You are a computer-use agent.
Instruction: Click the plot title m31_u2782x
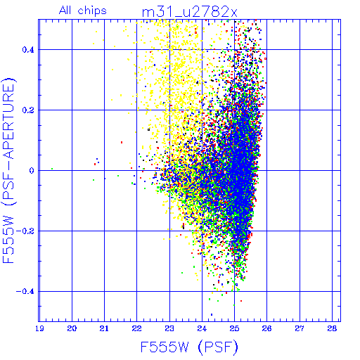190,12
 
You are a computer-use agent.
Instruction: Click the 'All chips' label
83,11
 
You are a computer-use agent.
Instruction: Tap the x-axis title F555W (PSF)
189,347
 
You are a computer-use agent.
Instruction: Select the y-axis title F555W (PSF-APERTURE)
8,170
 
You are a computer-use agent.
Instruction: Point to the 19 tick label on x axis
39,328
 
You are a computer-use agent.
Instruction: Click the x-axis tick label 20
72,328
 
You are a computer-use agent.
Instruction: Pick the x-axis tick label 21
104,328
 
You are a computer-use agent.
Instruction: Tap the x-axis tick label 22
136,328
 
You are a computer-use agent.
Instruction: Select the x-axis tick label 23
169,328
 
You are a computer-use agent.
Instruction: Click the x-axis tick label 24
202,328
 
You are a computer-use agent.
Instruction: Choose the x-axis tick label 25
234,328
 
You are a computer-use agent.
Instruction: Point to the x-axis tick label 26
266,328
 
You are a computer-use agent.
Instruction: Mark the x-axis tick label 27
300,328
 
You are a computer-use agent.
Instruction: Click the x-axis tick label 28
332,328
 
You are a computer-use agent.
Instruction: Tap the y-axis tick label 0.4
28,50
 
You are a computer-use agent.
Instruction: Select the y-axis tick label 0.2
28,110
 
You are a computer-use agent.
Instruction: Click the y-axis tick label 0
32,171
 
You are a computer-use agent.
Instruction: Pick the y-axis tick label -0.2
25,231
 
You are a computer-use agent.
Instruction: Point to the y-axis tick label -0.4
25,292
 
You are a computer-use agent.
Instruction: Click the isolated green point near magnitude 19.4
52,169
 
